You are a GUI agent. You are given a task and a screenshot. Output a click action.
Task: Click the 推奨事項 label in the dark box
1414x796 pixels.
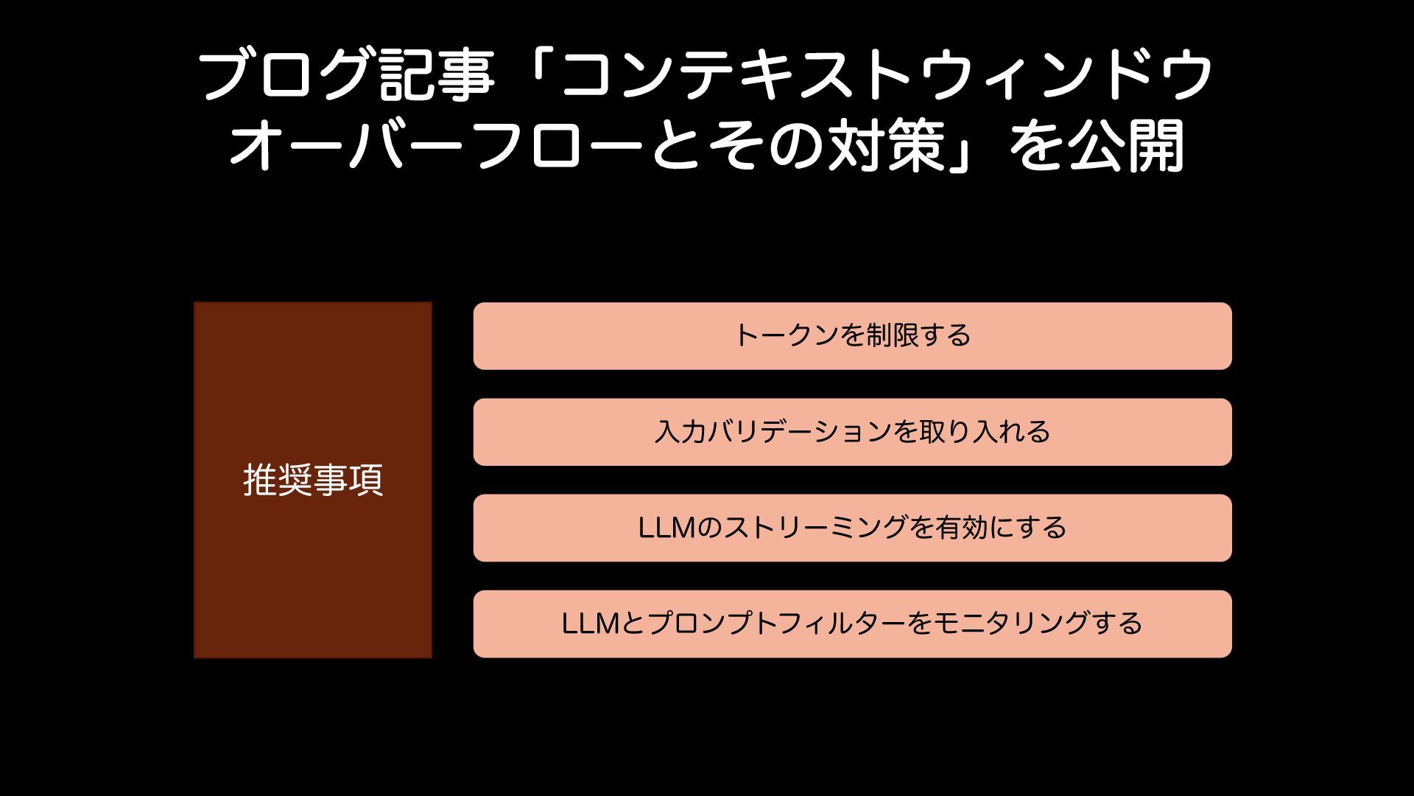[313, 480]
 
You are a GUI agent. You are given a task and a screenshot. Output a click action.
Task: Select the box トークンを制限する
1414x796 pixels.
[852, 336]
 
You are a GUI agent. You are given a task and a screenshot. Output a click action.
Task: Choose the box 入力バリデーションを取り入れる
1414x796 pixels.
[852, 432]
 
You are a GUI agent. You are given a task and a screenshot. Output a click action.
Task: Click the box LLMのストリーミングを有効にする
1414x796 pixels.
[852, 528]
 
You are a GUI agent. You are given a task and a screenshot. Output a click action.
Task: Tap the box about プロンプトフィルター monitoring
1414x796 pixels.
[852, 624]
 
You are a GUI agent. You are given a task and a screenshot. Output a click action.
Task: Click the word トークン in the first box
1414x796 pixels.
[786, 336]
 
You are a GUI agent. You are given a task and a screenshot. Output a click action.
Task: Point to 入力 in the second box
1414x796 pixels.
[680, 432]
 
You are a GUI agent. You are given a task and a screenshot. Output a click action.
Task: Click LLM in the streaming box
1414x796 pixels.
[666, 528]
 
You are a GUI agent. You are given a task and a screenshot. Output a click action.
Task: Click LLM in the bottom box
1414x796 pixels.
[590, 624]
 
